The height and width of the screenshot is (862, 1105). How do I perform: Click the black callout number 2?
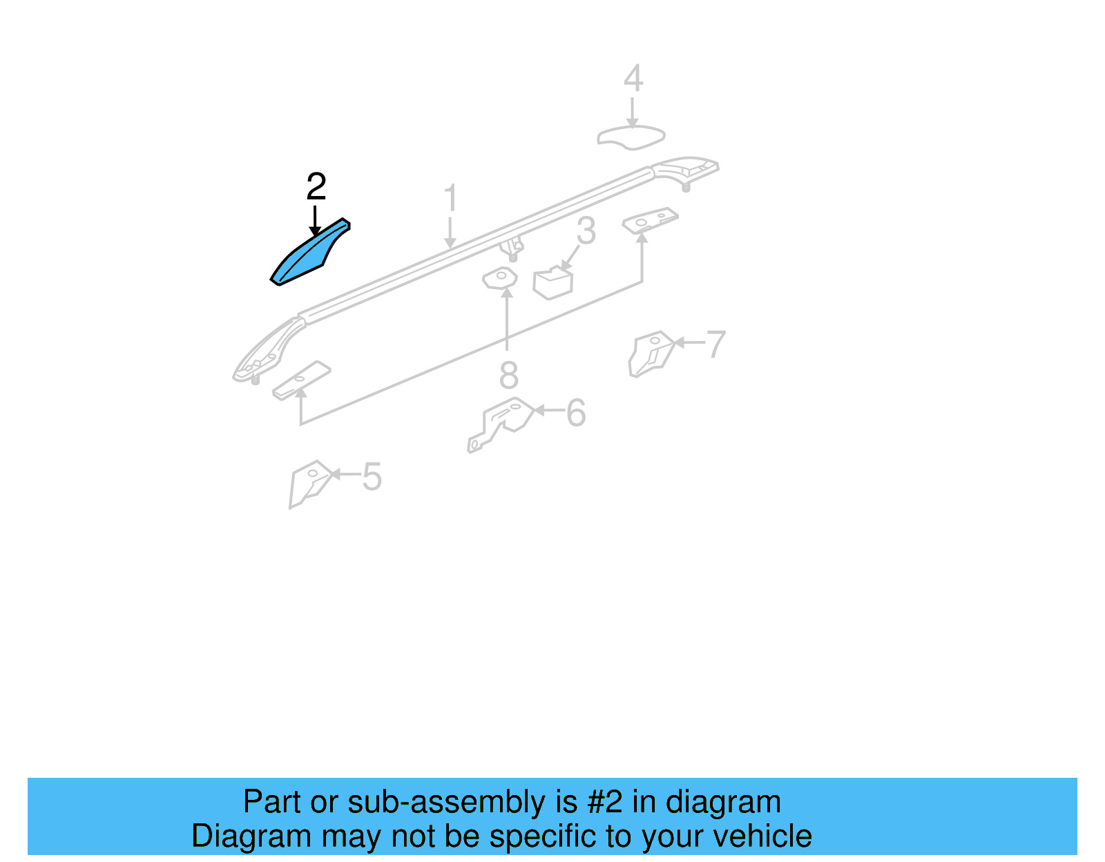316,187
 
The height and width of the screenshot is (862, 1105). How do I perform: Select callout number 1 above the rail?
450,198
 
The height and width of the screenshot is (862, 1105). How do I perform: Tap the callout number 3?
586,231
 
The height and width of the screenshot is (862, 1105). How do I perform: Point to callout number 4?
633,79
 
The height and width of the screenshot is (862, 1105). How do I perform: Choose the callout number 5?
372,477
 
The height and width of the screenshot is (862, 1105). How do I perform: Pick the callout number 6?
575,413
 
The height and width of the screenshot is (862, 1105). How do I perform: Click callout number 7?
716,344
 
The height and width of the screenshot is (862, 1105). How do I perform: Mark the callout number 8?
508,376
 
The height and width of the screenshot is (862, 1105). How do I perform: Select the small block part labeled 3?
552,284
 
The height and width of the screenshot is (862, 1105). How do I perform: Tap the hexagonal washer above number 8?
500,278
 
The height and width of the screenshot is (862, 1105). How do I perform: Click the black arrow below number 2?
315,221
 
